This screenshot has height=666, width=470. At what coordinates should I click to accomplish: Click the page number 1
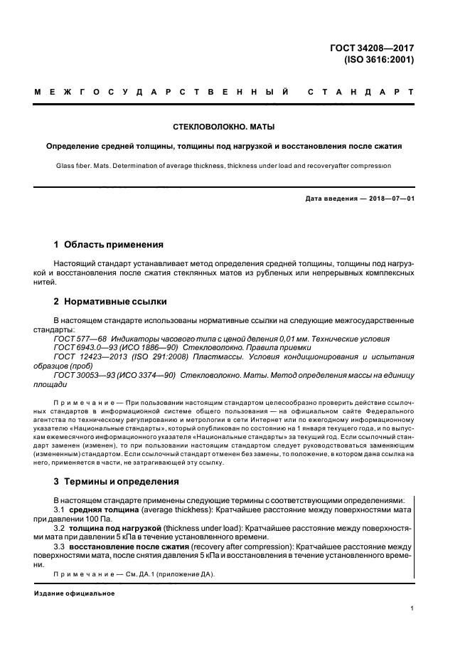[x=412, y=608]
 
